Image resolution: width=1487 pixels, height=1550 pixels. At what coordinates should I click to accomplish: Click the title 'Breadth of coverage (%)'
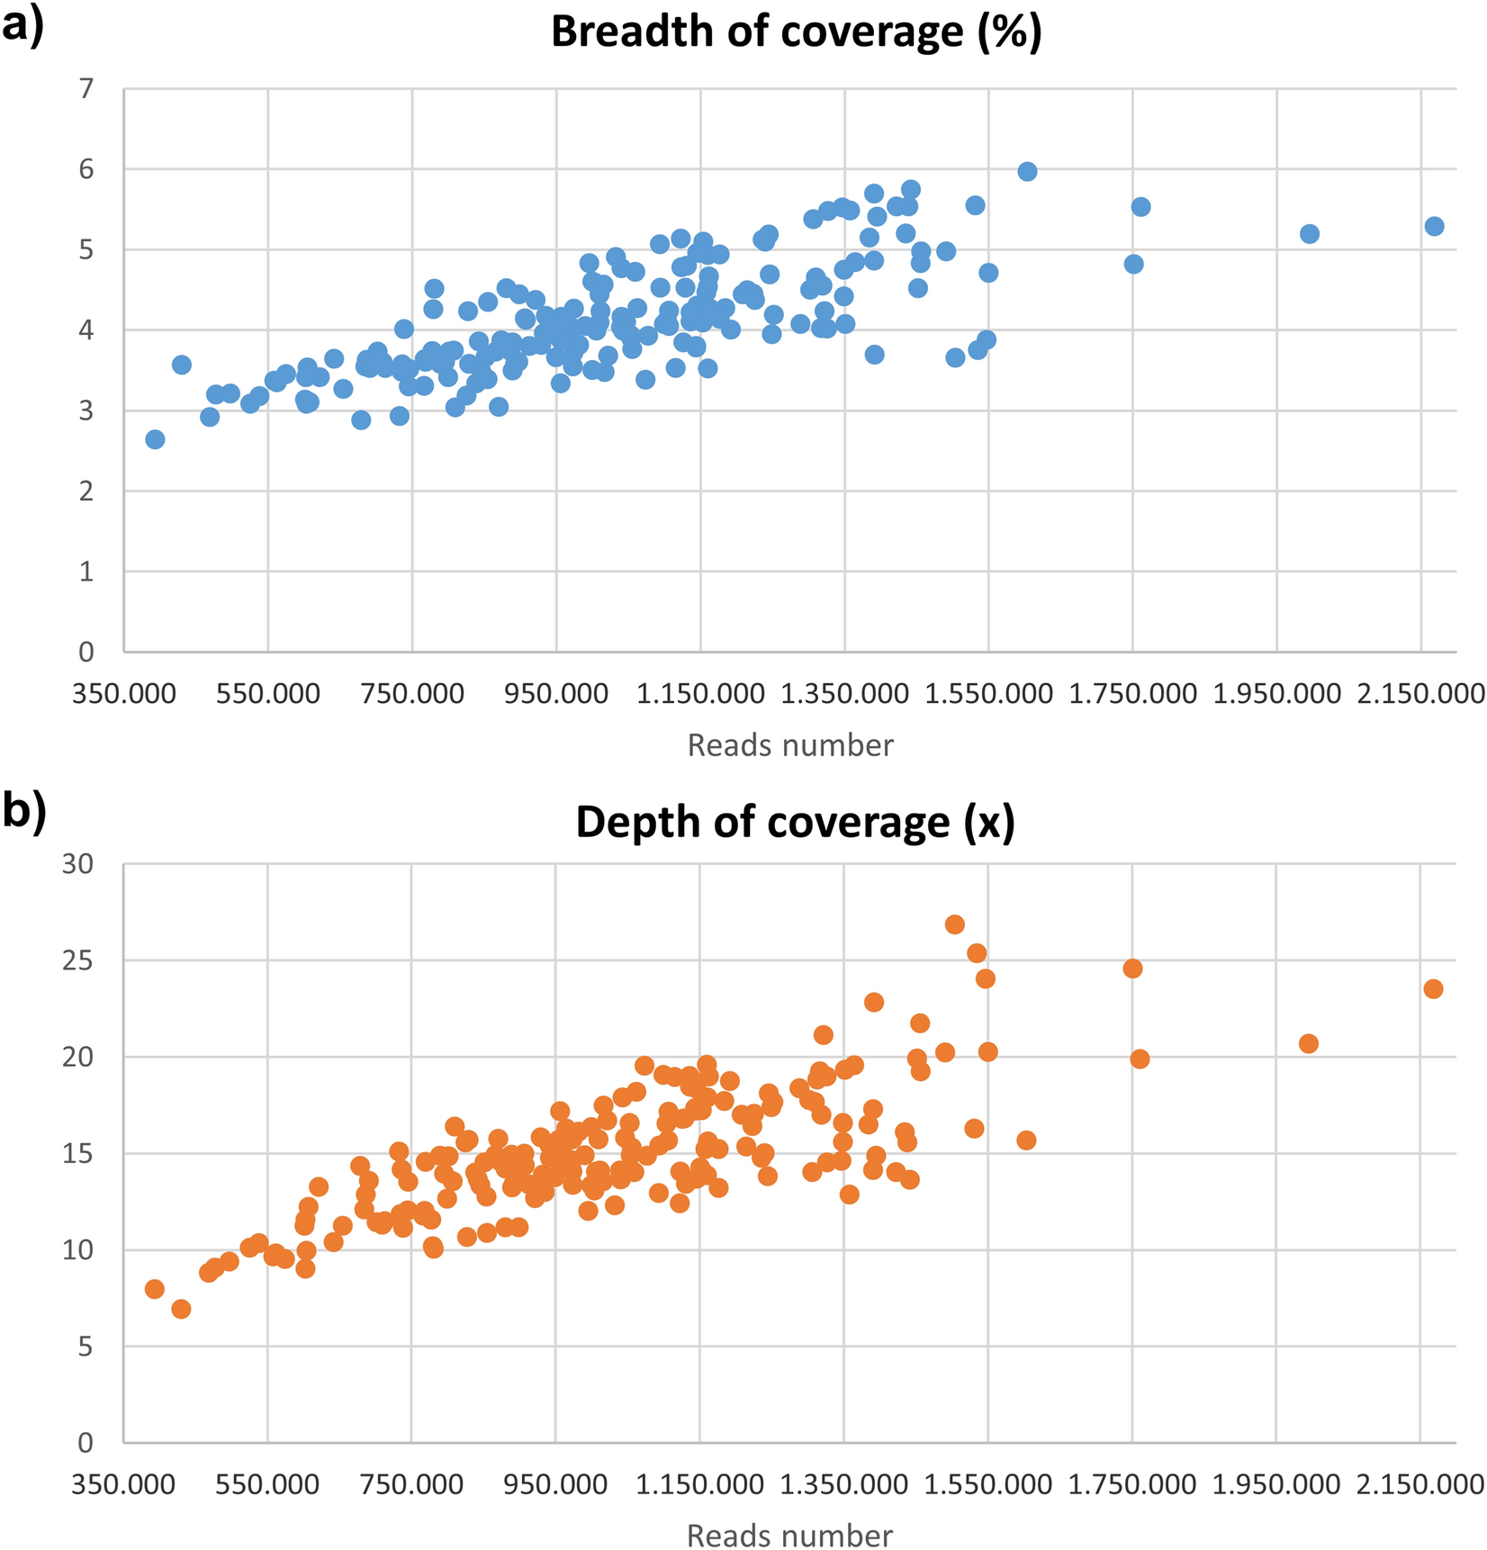tap(796, 32)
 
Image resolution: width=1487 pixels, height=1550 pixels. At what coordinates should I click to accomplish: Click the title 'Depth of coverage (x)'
tap(796, 822)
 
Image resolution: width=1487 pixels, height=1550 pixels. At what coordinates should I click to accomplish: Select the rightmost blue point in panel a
tap(1434, 226)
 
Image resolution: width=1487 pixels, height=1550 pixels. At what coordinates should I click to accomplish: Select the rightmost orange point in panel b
tap(1433, 988)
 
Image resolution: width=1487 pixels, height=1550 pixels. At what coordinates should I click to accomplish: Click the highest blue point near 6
tap(1027, 172)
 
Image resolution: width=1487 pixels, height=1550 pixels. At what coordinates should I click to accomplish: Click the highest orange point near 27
tap(955, 924)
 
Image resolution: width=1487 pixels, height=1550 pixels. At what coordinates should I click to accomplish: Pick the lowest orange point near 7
tap(181, 1309)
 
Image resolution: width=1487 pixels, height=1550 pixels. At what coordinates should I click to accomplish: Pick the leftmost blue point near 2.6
tap(155, 439)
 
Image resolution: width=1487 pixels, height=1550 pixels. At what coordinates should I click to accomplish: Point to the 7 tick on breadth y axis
tap(86, 89)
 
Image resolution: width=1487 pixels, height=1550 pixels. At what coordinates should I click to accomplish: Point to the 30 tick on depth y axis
tap(78, 864)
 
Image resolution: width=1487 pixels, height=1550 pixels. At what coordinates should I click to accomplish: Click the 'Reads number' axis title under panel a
tap(790, 745)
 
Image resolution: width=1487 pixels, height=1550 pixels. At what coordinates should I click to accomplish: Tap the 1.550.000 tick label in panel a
tap(987, 694)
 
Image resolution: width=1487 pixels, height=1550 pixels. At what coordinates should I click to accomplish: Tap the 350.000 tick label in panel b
tap(124, 1484)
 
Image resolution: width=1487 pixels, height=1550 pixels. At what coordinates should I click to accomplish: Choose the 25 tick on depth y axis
tap(78, 960)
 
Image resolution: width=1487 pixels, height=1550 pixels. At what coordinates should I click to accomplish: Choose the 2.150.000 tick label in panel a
tap(1419, 694)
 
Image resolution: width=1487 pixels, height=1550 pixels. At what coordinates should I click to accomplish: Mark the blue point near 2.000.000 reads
tap(1310, 234)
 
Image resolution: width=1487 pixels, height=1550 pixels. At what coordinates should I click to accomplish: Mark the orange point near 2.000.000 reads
tap(1309, 1043)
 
